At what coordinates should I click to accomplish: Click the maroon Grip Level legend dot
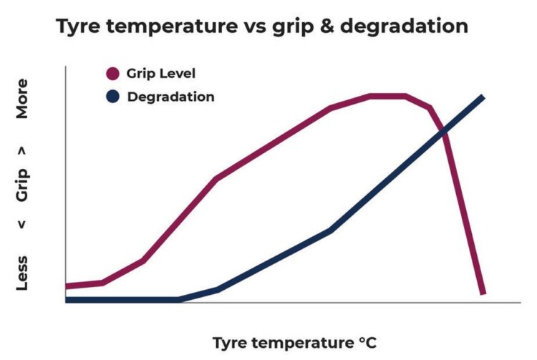click(x=112, y=74)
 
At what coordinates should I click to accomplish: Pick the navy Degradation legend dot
click(x=112, y=97)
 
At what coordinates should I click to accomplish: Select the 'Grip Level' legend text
click(x=160, y=74)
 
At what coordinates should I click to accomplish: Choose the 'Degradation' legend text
click(x=170, y=97)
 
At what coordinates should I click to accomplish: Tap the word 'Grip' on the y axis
click(x=23, y=185)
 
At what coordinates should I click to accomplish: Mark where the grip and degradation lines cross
click(x=444, y=132)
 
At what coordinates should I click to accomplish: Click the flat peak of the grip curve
click(x=387, y=95)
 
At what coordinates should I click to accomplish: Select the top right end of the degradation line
click(x=483, y=97)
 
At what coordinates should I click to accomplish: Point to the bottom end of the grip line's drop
click(x=483, y=292)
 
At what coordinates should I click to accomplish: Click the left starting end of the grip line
click(x=67, y=286)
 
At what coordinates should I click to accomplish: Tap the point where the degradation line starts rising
click(x=180, y=299)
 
